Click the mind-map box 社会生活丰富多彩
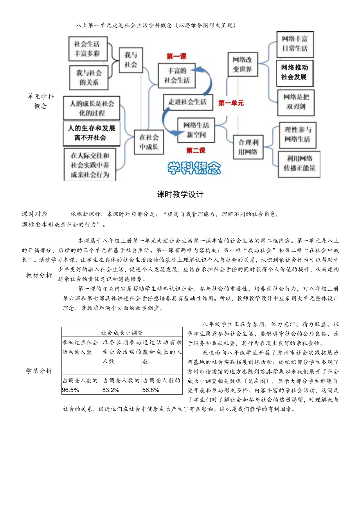88,49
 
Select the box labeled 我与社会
131,60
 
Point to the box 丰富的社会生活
176,75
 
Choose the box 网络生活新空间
196,130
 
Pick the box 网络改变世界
243,65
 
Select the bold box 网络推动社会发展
294,72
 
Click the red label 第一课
177,57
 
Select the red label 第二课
196,150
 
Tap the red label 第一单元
231,103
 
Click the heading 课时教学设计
180,194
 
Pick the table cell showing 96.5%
71,390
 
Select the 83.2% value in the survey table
111,390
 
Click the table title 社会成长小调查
122,332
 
